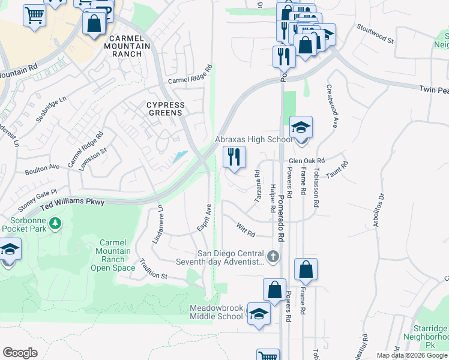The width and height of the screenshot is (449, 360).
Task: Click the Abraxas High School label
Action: point(253,140)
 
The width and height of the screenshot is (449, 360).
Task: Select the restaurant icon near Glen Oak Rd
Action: point(235,158)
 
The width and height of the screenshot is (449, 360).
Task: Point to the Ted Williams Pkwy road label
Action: point(72,204)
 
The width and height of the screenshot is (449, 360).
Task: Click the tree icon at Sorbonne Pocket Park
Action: point(56,224)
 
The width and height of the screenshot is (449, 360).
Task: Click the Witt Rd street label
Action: point(246,229)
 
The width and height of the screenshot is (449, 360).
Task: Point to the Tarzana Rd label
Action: point(258,186)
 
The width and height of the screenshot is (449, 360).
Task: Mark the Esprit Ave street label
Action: point(205,218)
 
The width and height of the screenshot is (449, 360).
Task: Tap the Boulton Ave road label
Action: point(42,170)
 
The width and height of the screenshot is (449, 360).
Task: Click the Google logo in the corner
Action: point(20,352)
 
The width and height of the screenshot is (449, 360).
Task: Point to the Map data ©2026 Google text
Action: point(411,355)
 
